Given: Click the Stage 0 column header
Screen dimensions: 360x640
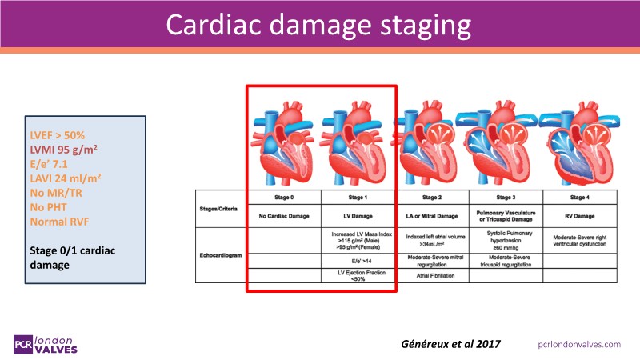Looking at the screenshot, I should (x=284, y=196).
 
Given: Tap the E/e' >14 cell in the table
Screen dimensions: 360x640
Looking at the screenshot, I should (x=358, y=261).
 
